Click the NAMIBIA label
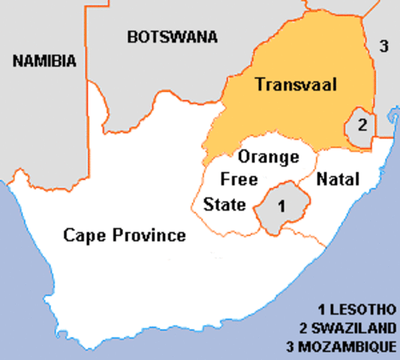(x=45, y=61)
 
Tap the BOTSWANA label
(x=172, y=37)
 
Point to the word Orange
(x=268, y=157)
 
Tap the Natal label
(x=338, y=180)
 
